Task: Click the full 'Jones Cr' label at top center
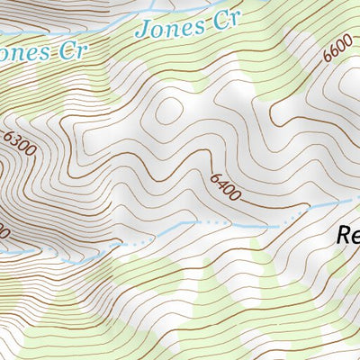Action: point(183,26)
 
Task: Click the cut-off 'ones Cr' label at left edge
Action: point(41,52)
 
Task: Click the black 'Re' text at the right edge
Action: point(347,237)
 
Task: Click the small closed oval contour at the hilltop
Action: point(168,111)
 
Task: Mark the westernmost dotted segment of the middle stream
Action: point(133,243)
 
